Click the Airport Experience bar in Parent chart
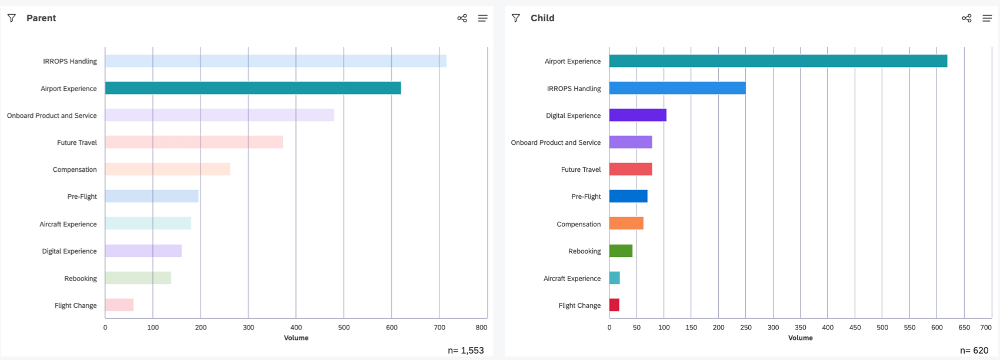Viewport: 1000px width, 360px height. pyautogui.click(x=253, y=88)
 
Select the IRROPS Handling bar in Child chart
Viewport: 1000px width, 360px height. pyautogui.click(x=677, y=88)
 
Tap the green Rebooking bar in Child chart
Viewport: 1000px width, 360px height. pyautogui.click(x=621, y=251)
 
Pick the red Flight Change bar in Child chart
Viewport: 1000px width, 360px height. pyautogui.click(x=614, y=305)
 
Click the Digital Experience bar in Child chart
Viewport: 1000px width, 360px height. pyautogui.click(x=638, y=115)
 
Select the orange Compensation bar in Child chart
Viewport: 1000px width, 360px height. pyautogui.click(x=626, y=224)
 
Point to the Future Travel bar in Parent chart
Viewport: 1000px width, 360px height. pyautogui.click(x=194, y=142)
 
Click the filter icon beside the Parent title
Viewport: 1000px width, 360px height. pyautogui.click(x=12, y=18)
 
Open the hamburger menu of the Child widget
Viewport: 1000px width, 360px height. pyautogui.click(x=987, y=18)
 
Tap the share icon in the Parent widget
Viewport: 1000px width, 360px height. pyautogui.click(x=462, y=18)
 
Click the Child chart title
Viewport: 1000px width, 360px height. pyautogui.click(x=542, y=18)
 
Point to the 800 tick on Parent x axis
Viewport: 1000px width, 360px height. pyautogui.click(x=481, y=328)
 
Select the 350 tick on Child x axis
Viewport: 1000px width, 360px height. pyautogui.click(x=801, y=328)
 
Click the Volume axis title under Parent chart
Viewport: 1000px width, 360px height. pyautogui.click(x=296, y=338)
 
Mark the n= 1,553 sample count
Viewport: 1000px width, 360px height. pyautogui.click(x=466, y=351)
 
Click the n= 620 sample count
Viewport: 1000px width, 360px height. pyautogui.click(x=974, y=351)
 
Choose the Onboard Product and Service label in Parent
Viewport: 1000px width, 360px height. pyautogui.click(x=52, y=116)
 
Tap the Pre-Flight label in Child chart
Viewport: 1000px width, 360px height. pyautogui.click(x=586, y=196)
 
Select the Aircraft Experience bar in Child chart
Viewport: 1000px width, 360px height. pyautogui.click(x=615, y=278)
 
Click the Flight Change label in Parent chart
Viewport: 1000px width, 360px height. pyautogui.click(x=75, y=306)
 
